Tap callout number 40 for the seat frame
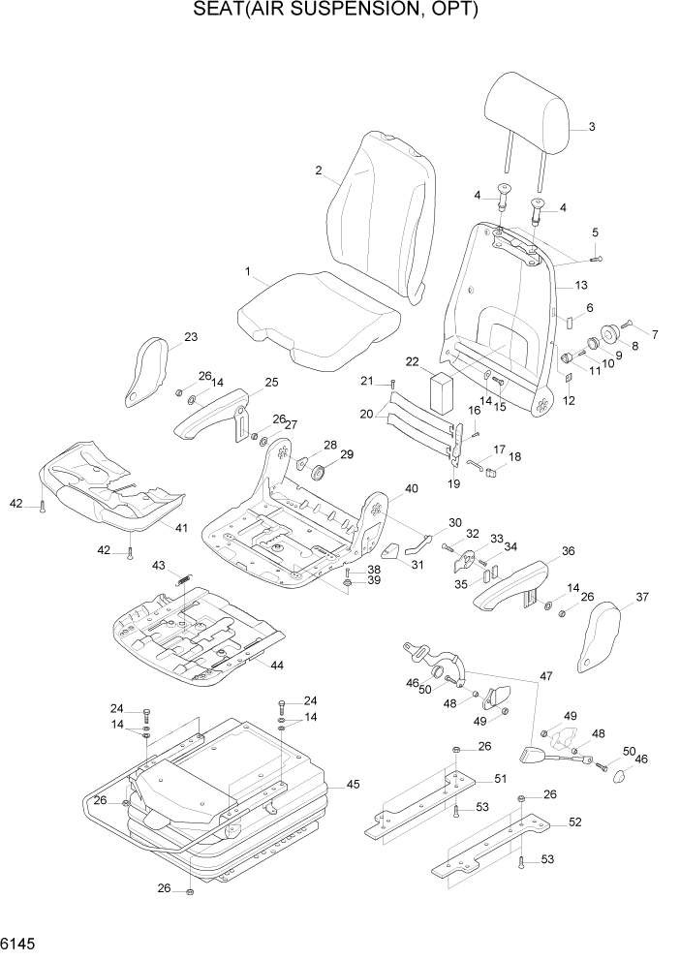click(411, 489)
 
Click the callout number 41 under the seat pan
click(180, 527)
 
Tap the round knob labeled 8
click(609, 335)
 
